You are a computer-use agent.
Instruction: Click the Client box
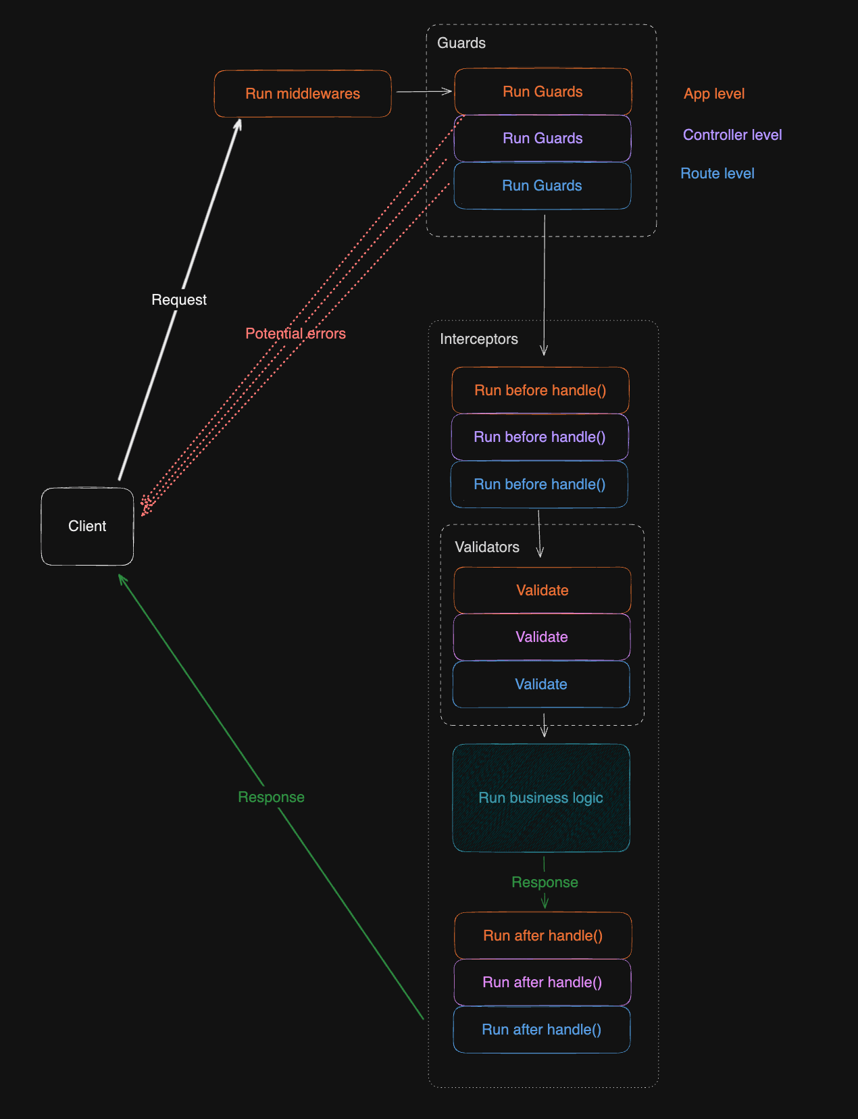pyautogui.click(x=87, y=526)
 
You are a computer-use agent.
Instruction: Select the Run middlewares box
pyautogui.click(x=303, y=94)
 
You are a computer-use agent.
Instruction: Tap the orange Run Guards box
pyautogui.click(x=542, y=92)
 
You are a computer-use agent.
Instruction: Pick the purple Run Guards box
pyautogui.click(x=542, y=139)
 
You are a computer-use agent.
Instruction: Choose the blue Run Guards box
pyautogui.click(x=542, y=186)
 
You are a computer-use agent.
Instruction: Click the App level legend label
pyautogui.click(x=713, y=94)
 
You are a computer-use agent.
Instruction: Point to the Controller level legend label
pyautogui.click(x=732, y=135)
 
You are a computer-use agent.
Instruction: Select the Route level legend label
pyautogui.click(x=717, y=174)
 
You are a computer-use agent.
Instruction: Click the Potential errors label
pyautogui.click(x=295, y=334)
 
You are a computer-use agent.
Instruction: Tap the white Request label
pyautogui.click(x=179, y=300)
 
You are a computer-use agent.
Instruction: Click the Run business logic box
pyautogui.click(x=540, y=798)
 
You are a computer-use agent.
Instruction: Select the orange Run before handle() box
pyautogui.click(x=540, y=391)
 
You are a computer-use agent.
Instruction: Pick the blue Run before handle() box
pyautogui.click(x=539, y=484)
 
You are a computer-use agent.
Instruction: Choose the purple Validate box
pyautogui.click(x=541, y=637)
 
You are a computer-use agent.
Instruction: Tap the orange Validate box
pyautogui.click(x=542, y=591)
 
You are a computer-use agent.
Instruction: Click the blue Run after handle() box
pyautogui.click(x=541, y=1030)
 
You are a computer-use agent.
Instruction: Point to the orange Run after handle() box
pyautogui.click(x=542, y=936)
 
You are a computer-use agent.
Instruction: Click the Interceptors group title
pyautogui.click(x=478, y=339)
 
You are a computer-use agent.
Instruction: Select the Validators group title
pyautogui.click(x=486, y=547)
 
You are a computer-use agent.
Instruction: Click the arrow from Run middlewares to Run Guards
pyautogui.click(x=424, y=91)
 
